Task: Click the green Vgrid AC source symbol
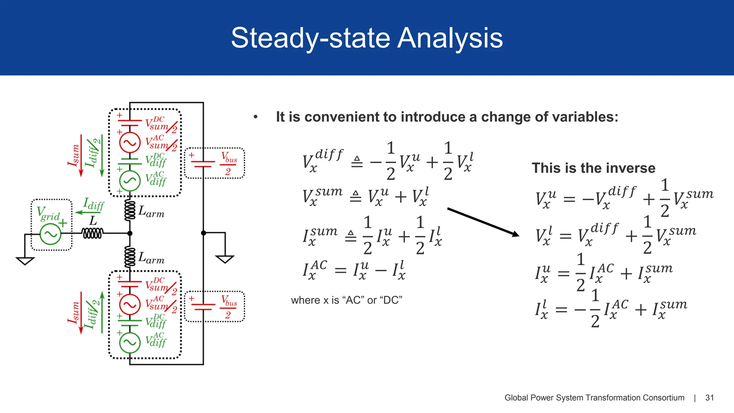click(x=50, y=234)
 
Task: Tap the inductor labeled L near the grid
click(x=92, y=234)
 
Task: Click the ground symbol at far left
click(x=25, y=260)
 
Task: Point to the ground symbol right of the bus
click(x=225, y=258)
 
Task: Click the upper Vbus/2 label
click(x=229, y=163)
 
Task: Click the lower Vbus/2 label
click(x=229, y=307)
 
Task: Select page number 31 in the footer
click(x=709, y=398)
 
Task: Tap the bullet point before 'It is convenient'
click(x=256, y=117)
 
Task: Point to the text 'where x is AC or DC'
click(x=346, y=300)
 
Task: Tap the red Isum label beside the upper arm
click(x=74, y=155)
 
